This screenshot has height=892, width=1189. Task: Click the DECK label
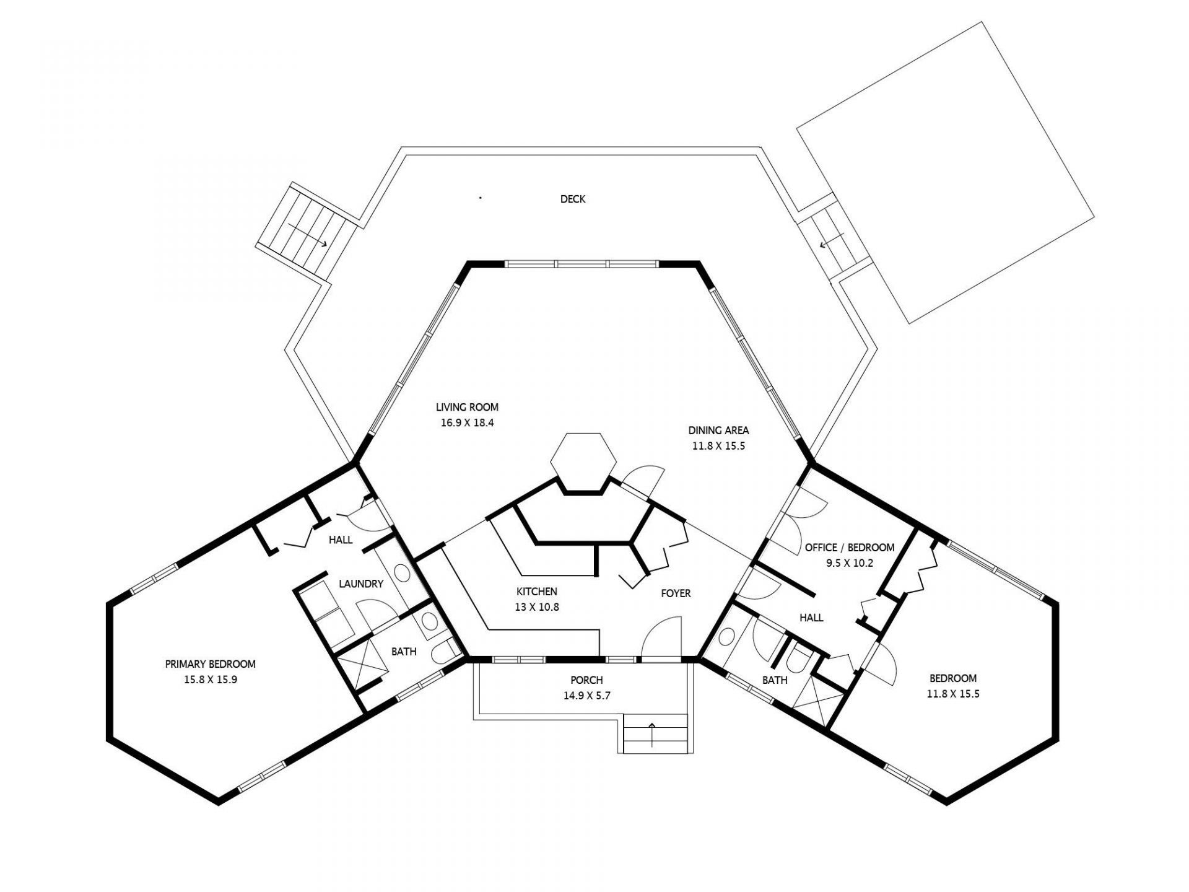(572, 199)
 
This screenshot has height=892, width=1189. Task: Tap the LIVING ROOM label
(467, 408)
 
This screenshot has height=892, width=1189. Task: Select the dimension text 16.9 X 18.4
(467, 424)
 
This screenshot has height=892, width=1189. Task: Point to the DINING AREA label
(718, 430)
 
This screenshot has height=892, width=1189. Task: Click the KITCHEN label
(537, 592)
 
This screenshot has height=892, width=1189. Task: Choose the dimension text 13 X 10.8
(537, 607)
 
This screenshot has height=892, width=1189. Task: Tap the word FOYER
(676, 593)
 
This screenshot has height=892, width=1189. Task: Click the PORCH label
(586, 680)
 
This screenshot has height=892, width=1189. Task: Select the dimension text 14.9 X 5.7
(586, 696)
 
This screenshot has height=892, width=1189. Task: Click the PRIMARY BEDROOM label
(210, 664)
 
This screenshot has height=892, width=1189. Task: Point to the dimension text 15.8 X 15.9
(210, 679)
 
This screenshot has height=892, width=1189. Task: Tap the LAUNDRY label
(361, 584)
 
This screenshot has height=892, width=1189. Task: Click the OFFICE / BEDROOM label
(849, 548)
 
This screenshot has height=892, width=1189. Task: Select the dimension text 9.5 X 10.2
(849, 563)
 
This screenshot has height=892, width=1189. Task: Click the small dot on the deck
(481, 198)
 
